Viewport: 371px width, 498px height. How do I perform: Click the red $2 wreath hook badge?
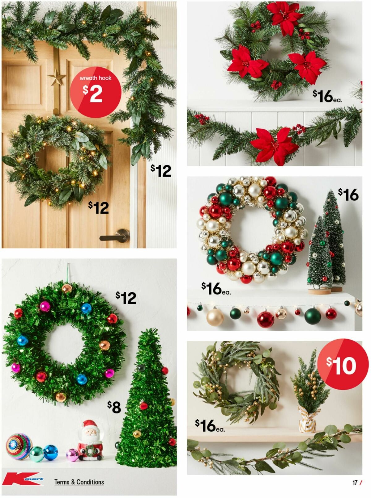click(x=95, y=92)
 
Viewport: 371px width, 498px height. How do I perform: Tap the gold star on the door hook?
click(x=57, y=77)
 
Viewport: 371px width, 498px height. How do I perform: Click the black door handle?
click(x=114, y=236)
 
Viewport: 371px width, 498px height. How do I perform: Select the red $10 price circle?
click(x=343, y=364)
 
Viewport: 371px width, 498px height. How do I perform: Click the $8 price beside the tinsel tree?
click(x=114, y=407)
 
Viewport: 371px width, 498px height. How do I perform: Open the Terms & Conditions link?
click(x=79, y=482)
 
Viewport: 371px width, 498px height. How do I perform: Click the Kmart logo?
click(x=23, y=479)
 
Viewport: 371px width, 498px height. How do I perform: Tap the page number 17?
click(x=355, y=483)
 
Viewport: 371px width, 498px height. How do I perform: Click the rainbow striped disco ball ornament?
click(x=19, y=446)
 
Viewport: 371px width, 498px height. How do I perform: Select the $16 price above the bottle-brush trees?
click(x=348, y=195)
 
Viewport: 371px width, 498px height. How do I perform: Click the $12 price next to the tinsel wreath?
click(x=126, y=298)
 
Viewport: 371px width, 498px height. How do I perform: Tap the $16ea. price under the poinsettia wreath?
click(x=327, y=96)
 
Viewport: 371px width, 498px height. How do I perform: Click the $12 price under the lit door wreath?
click(x=98, y=207)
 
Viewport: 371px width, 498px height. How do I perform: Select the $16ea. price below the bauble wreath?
click(x=215, y=289)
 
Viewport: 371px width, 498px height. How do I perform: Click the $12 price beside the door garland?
click(x=161, y=170)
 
